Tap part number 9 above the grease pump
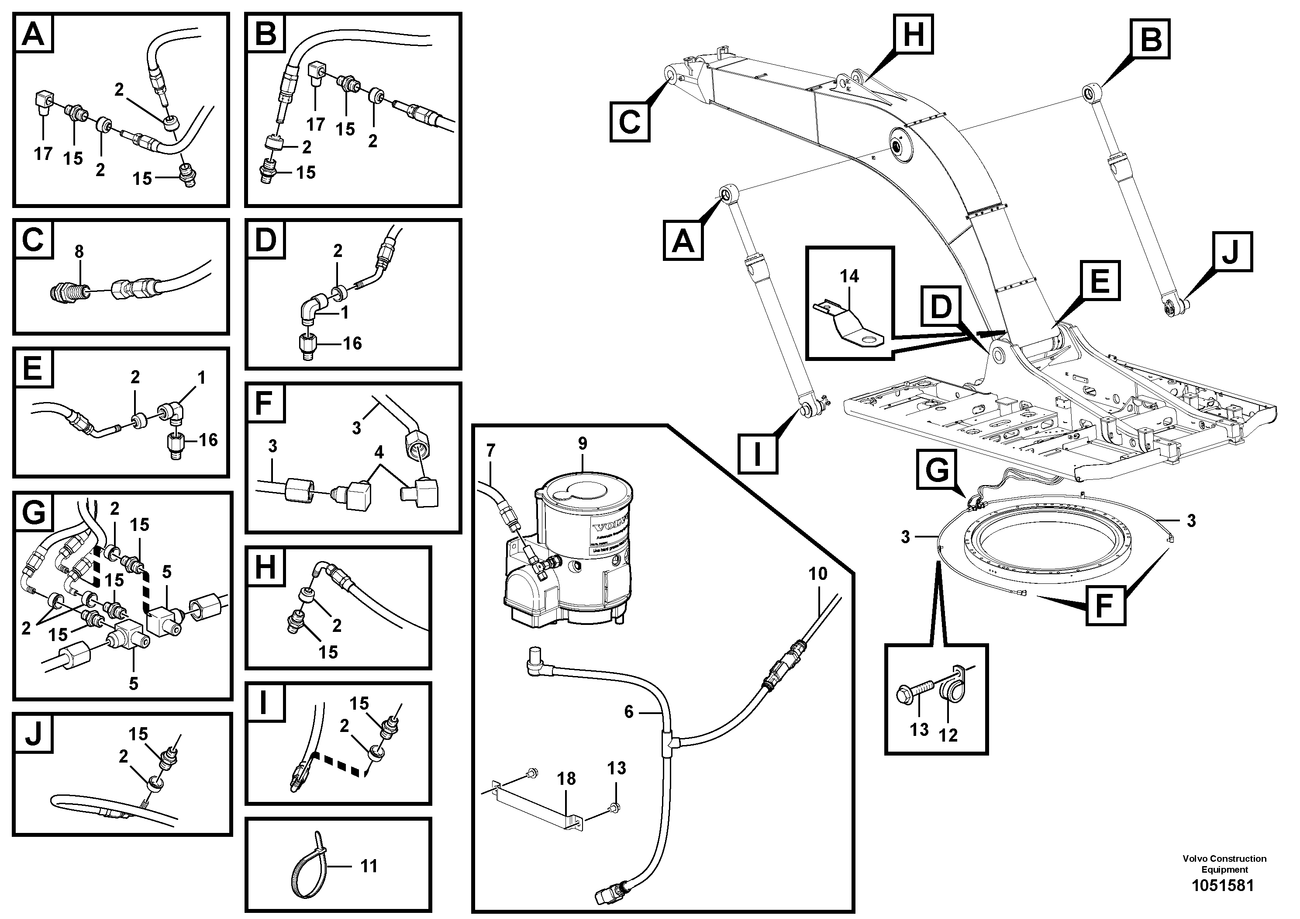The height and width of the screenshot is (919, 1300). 583,444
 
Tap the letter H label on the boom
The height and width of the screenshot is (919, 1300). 913,34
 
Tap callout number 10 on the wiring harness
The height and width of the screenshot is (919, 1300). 817,573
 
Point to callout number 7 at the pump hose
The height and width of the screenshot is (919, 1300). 490,451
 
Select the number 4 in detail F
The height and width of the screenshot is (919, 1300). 379,451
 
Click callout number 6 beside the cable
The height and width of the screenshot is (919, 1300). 628,711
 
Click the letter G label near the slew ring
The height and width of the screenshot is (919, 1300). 938,470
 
